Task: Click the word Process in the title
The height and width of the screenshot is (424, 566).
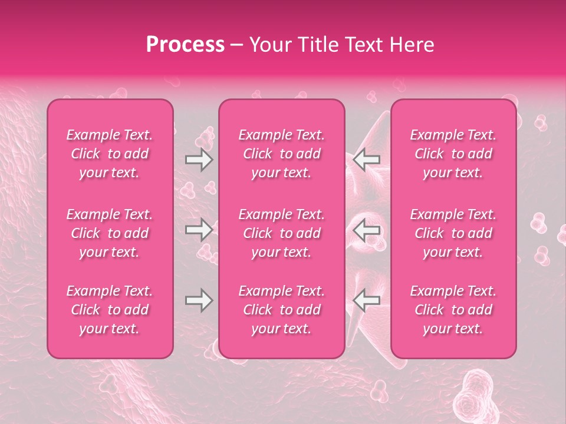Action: point(185,45)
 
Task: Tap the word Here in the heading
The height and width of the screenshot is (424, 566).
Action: point(412,45)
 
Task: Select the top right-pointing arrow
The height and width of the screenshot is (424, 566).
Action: point(199,160)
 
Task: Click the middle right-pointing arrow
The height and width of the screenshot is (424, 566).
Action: point(199,230)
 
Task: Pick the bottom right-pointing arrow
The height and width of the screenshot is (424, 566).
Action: point(199,300)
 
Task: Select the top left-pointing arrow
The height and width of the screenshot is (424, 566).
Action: point(367,160)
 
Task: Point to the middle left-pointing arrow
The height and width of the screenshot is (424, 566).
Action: point(367,230)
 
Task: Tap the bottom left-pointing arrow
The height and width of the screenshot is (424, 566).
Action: point(367,300)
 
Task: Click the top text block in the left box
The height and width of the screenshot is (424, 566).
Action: point(110,154)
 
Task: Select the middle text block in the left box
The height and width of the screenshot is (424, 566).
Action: point(110,233)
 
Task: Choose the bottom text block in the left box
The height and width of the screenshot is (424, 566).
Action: point(110,310)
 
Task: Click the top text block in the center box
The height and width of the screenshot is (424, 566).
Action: point(282,154)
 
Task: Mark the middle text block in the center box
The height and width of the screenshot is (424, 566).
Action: point(282,233)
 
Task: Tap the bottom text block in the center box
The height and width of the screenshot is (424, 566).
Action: point(282,310)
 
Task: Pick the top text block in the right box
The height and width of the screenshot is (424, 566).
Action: point(453,154)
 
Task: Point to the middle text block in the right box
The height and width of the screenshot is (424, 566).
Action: point(453,233)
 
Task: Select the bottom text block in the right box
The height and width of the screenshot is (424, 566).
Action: point(453,310)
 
